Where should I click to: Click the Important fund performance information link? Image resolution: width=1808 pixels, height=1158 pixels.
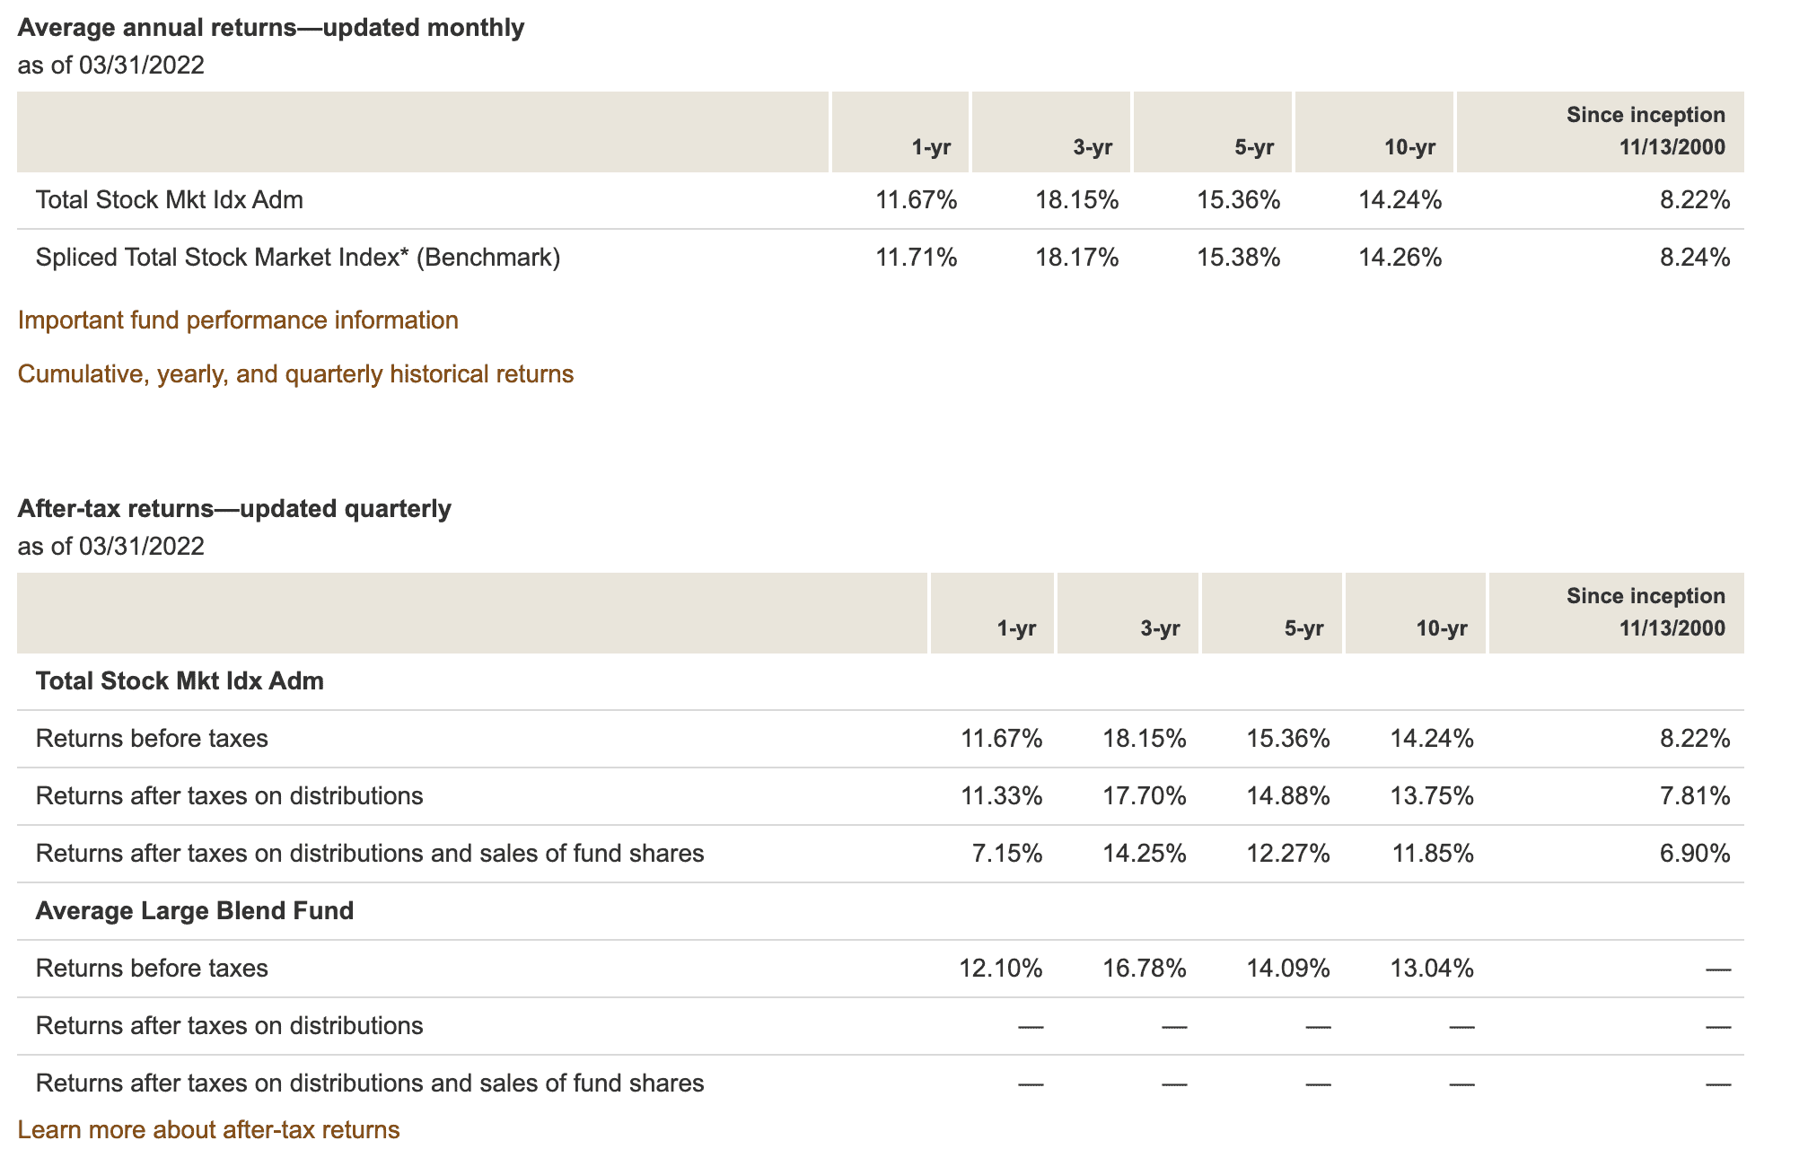click(238, 320)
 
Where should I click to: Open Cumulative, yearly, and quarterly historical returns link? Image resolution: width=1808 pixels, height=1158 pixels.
click(295, 374)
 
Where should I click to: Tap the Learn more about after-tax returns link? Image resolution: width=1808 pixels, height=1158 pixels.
click(208, 1129)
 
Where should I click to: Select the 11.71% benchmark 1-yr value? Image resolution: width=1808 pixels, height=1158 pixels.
click(916, 259)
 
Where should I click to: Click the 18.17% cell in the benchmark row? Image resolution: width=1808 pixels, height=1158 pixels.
click(1076, 259)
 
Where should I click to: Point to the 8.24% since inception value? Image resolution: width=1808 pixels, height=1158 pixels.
click(1694, 259)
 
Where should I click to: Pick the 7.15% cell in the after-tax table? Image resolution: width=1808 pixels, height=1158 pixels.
click(1007, 854)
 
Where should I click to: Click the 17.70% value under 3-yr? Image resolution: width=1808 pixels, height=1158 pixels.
click(1144, 796)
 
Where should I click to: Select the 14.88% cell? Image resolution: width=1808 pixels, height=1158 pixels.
click(1287, 796)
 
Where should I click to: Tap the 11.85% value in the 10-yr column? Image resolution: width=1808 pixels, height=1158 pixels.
click(1432, 854)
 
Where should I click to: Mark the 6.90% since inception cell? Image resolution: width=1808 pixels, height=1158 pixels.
click(1694, 854)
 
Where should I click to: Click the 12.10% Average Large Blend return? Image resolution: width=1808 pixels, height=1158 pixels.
click(1000, 969)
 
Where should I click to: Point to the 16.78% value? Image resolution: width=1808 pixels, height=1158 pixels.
click(1144, 969)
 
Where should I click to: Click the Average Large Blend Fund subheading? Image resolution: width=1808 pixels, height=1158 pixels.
click(194, 911)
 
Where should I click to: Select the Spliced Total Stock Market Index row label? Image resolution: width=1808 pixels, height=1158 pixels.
click(297, 259)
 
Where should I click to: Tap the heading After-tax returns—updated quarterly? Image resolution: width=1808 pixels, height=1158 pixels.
click(234, 509)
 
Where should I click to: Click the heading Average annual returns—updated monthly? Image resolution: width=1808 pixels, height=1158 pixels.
click(270, 28)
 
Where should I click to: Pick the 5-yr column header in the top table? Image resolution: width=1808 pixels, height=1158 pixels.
click(1254, 148)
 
